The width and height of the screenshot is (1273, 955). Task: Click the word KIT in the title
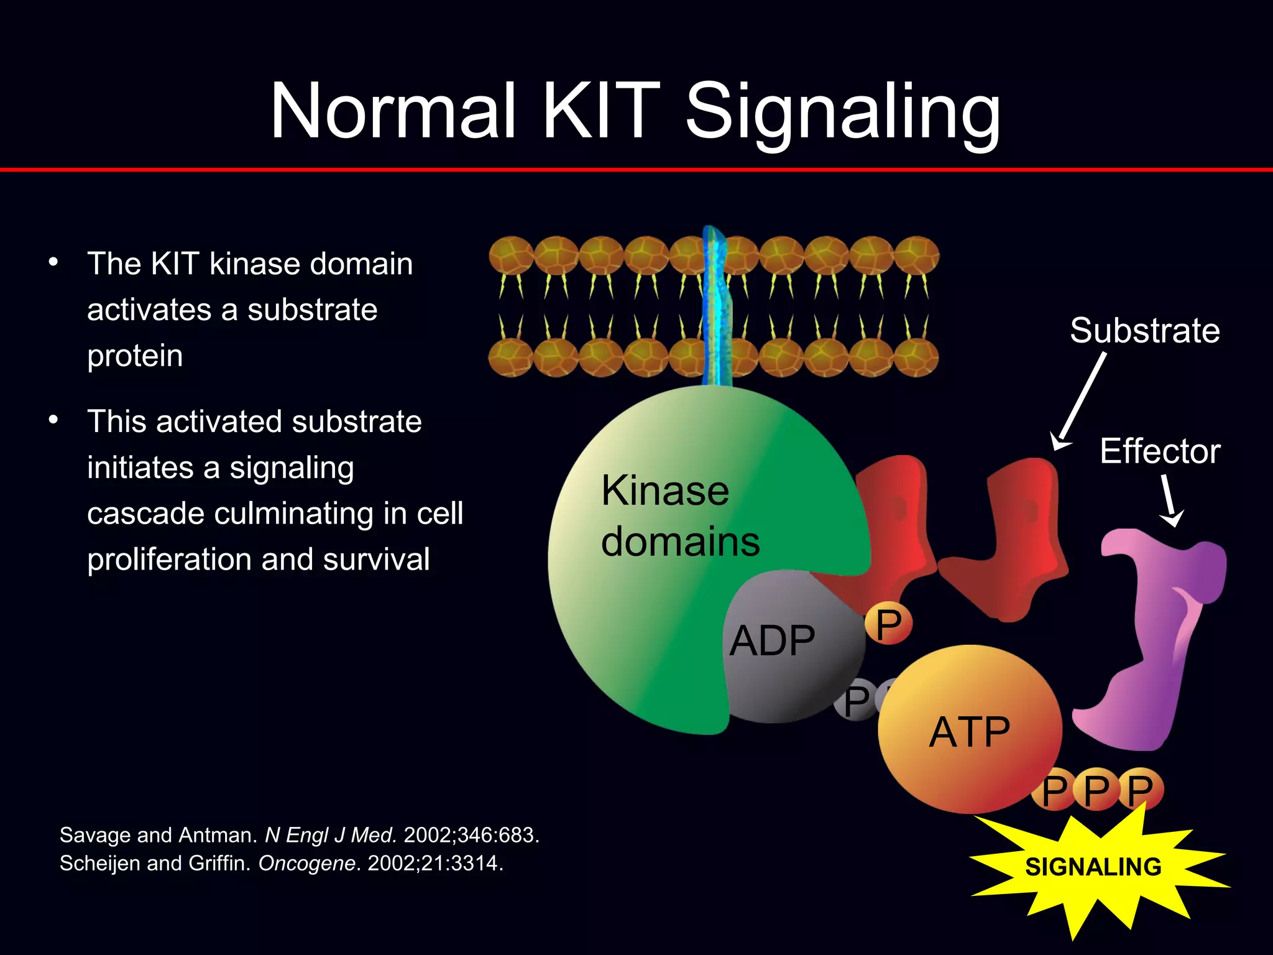tap(600, 112)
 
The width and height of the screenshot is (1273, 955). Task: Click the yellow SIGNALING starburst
tap(1093, 867)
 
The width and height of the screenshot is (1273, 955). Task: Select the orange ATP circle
tap(970, 731)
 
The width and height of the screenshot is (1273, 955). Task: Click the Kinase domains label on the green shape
tap(680, 516)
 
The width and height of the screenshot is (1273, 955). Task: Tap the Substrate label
tap(1144, 330)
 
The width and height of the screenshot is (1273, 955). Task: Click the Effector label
tap(1159, 451)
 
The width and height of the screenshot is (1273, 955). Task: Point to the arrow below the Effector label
tap(1170, 501)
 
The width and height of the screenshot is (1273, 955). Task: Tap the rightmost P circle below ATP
tap(1141, 790)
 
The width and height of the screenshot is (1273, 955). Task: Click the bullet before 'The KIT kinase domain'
tap(53, 262)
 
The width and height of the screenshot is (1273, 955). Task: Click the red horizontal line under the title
tap(636, 169)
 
